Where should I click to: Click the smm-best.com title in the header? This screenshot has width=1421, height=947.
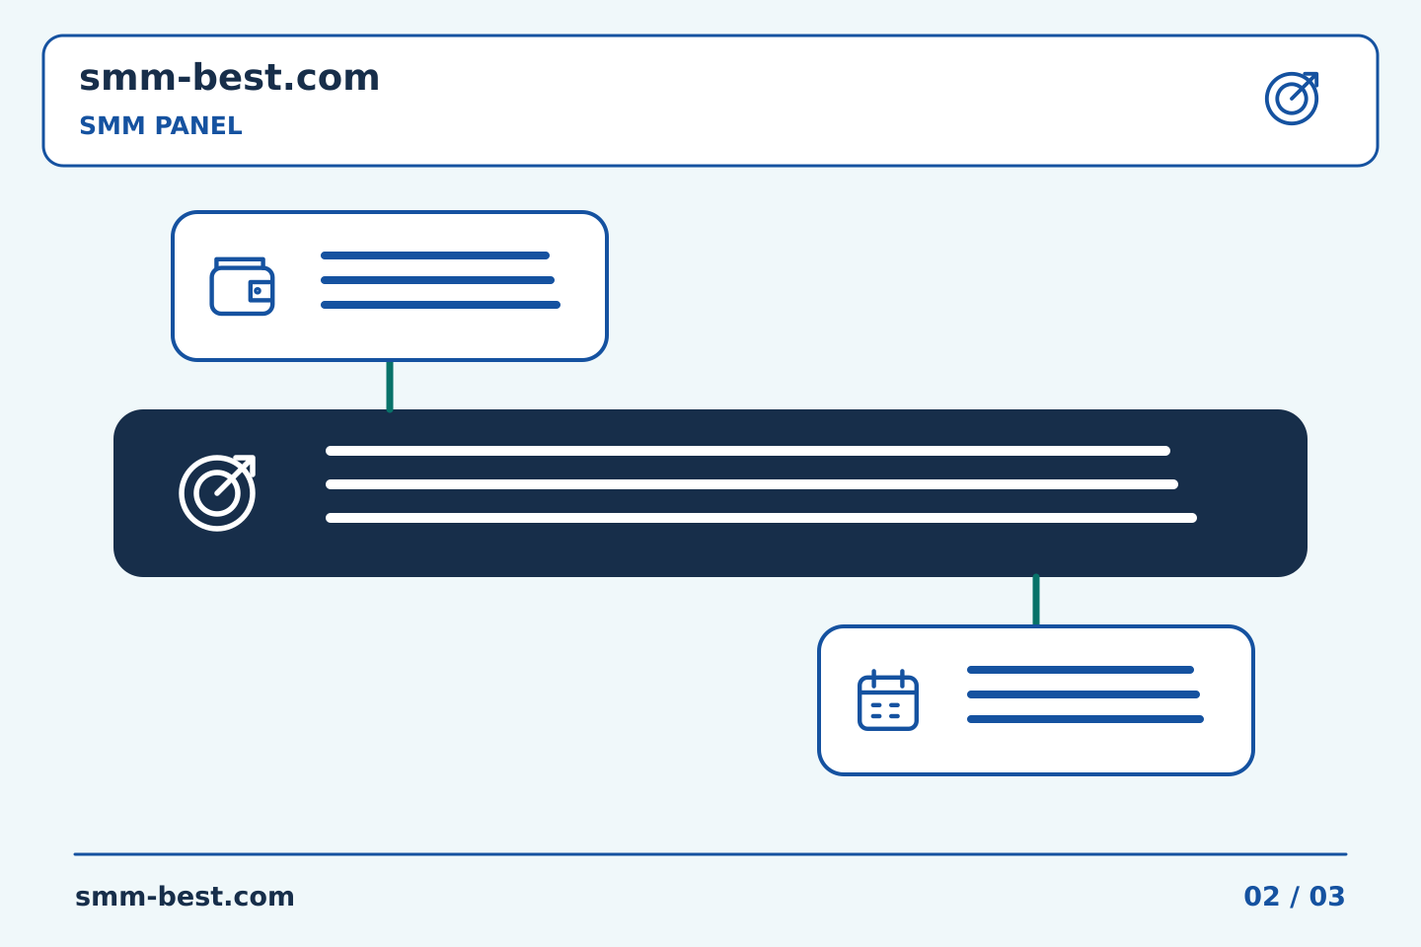pos(229,78)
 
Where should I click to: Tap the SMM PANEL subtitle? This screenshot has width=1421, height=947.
pos(161,125)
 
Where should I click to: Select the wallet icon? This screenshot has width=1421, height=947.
pos(242,286)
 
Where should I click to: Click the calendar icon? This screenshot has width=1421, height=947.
pos(887,700)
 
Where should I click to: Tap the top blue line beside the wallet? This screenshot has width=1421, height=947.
pos(435,255)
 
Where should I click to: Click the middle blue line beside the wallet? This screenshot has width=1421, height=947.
pos(438,280)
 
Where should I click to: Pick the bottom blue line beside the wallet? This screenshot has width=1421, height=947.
pos(440,305)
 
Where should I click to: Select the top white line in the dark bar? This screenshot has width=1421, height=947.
pos(748,451)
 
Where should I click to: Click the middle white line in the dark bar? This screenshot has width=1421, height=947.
pos(752,484)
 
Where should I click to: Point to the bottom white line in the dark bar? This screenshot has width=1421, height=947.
pos(761,518)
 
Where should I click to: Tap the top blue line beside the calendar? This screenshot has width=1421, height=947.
pos(1081,670)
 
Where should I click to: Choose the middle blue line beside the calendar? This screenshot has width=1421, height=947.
pos(1084,694)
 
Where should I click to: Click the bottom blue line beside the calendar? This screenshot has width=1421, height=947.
pos(1085,719)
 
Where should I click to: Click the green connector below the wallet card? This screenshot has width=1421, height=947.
pos(390,386)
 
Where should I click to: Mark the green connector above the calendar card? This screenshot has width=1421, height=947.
pos(1036,600)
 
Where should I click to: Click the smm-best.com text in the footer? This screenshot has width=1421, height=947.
pos(185,897)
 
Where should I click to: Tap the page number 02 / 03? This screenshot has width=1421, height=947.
pos(1294,897)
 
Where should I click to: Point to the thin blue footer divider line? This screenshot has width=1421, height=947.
pos(710,854)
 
